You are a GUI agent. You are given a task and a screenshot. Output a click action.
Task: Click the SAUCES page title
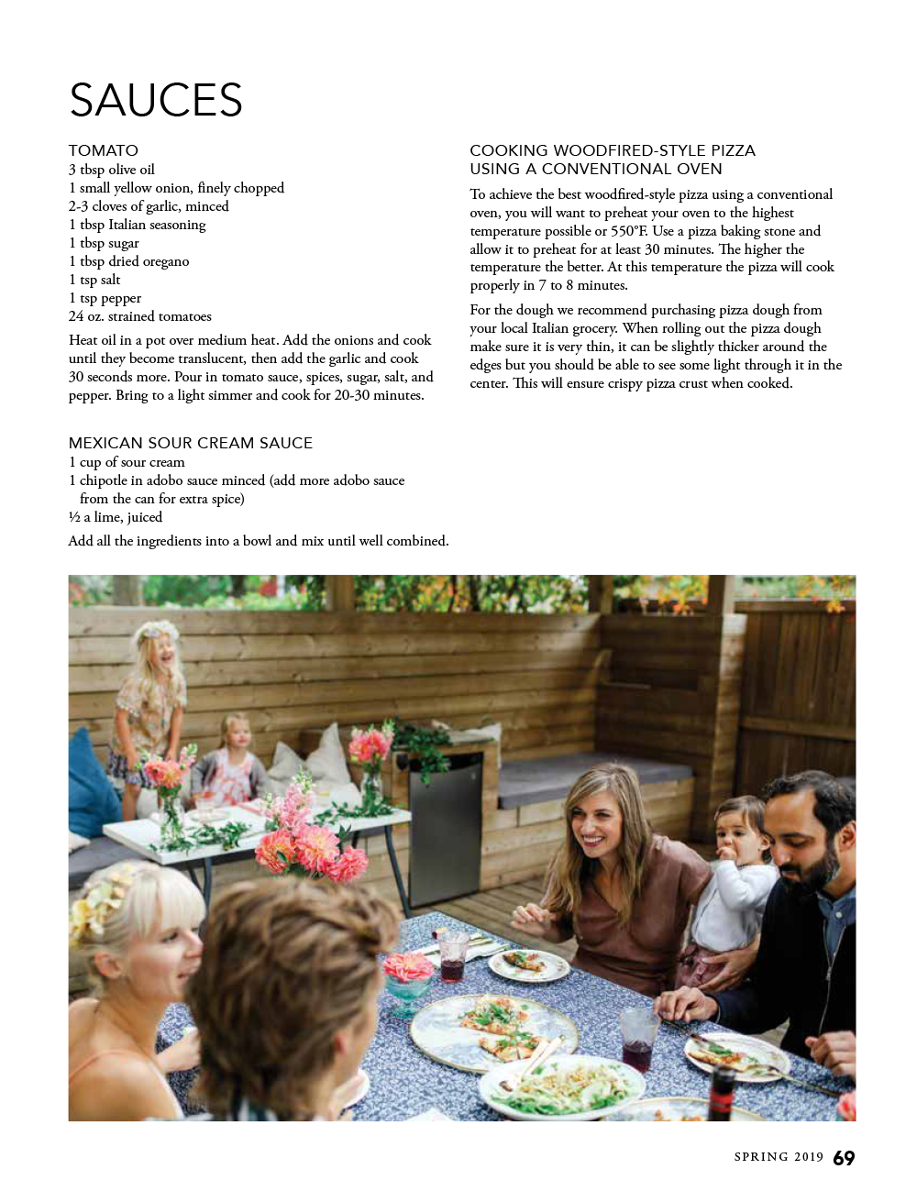point(156,100)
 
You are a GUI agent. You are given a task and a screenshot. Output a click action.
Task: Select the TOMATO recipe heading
point(104,150)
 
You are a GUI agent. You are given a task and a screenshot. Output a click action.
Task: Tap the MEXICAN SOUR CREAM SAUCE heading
point(191,443)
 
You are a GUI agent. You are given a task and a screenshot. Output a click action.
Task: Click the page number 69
point(844,1158)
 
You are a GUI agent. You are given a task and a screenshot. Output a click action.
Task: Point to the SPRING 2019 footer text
point(779,1157)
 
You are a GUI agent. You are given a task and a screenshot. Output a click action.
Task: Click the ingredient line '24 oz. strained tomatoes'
point(140,316)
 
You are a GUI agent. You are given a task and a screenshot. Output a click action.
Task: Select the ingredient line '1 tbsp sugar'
point(104,243)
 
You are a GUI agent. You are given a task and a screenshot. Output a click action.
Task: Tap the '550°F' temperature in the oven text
point(629,231)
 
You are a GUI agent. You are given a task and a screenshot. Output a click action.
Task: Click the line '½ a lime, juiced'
point(116,517)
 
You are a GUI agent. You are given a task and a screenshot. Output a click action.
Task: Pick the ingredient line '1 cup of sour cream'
point(127,462)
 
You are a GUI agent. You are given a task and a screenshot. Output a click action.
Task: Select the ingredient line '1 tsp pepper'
point(105,298)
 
